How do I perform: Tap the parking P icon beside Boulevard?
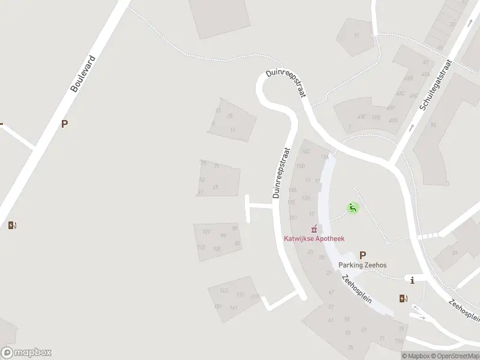pyautogui.click(x=64, y=124)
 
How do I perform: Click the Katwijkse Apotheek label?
pyautogui.click(x=314, y=238)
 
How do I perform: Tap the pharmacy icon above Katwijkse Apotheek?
pyautogui.click(x=313, y=229)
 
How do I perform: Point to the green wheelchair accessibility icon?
pyautogui.click(x=353, y=208)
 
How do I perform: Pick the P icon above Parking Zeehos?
pyautogui.click(x=362, y=254)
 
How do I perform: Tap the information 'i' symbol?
pyautogui.click(x=412, y=280)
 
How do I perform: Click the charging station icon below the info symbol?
pyautogui.click(x=403, y=298)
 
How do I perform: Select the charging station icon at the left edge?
pyautogui.click(x=12, y=226)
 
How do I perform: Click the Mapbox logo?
pyautogui.click(x=26, y=353)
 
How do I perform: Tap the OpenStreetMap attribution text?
pyautogui.click(x=455, y=356)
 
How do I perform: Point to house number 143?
pyautogui.click(x=224, y=291)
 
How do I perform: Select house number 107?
pyautogui.click(x=206, y=231)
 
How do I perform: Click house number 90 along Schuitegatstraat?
pyautogui.click(x=433, y=125)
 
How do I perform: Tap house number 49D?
pyautogui.click(x=376, y=117)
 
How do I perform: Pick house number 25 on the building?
pyautogui.click(x=229, y=116)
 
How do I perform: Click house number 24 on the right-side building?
pyautogui.click(x=455, y=253)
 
